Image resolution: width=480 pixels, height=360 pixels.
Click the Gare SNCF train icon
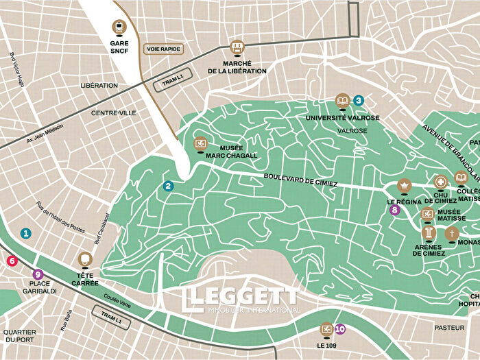(x=120, y=27)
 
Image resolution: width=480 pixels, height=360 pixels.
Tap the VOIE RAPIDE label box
(x=162, y=49)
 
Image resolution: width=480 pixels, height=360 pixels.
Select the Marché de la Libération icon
(x=237, y=47)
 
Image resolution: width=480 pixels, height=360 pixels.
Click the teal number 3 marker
(x=358, y=100)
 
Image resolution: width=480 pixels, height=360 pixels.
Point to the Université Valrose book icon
(x=341, y=101)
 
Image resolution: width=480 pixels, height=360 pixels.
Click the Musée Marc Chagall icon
(x=200, y=144)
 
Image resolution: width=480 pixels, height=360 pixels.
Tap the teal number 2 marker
(x=169, y=186)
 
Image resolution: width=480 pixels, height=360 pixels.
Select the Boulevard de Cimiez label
(x=300, y=181)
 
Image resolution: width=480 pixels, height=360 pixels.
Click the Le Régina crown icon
(x=404, y=186)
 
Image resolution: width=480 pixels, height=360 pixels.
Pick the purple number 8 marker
(x=394, y=211)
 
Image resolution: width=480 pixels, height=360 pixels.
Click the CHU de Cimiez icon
(x=440, y=182)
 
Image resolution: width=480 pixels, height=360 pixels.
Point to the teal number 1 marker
(x=26, y=233)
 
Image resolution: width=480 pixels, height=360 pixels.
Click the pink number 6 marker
(x=12, y=261)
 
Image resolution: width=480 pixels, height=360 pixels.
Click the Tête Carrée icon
(x=85, y=259)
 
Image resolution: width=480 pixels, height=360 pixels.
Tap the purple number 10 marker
(x=340, y=329)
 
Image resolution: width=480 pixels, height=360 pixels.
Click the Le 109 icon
(x=326, y=329)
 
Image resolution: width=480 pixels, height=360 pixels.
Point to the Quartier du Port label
(x=19, y=336)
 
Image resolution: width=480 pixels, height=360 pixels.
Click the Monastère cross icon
(x=451, y=235)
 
